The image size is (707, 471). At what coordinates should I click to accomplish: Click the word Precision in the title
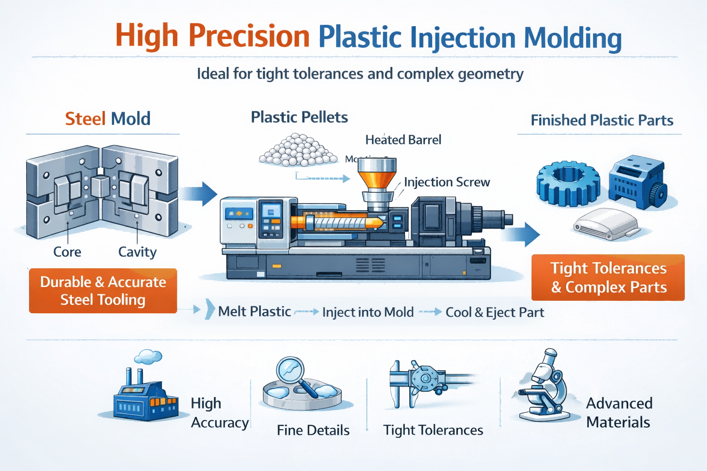coord(249,36)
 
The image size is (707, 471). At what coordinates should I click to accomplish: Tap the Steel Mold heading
coord(108,119)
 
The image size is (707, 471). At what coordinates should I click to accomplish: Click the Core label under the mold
coord(67,252)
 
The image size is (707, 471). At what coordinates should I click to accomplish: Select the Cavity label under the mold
coord(137,252)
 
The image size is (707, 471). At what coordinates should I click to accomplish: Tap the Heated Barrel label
coord(403,140)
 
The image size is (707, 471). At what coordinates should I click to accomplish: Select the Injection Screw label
coord(446,182)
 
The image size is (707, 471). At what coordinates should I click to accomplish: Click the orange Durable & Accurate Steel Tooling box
coord(103,291)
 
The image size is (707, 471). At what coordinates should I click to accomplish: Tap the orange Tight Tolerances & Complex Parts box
coord(608,277)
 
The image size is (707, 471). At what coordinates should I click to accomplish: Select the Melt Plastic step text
coord(255,312)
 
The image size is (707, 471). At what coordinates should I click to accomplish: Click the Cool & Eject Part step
coord(495,313)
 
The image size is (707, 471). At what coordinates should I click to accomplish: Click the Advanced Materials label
coord(619,413)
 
